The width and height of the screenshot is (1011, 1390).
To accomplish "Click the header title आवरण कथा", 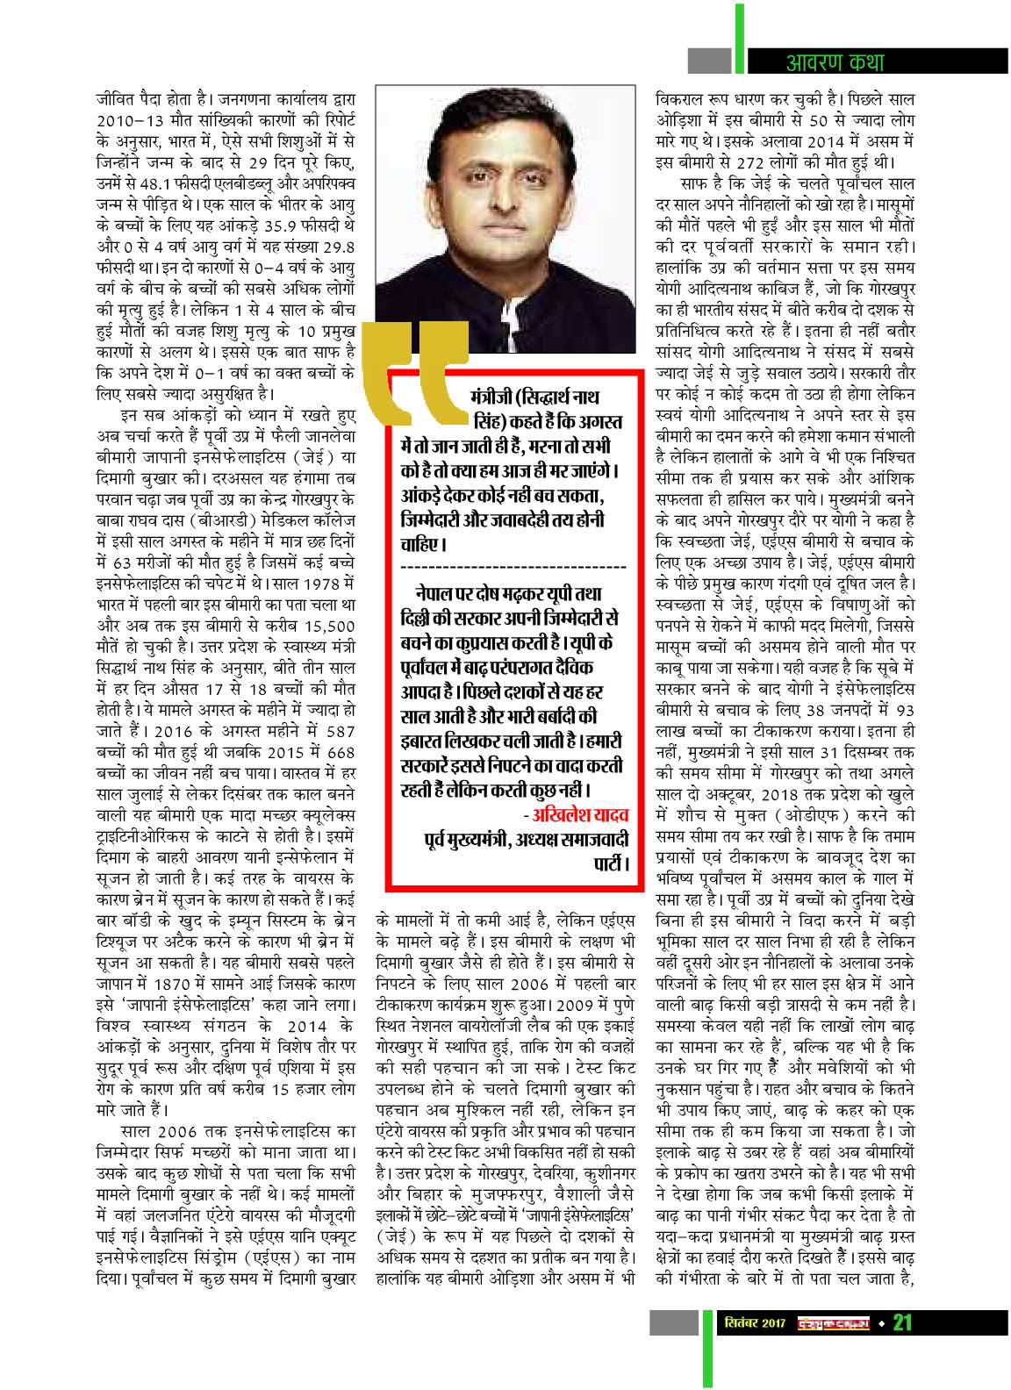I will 834,61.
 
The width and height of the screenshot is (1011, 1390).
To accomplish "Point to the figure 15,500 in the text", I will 329,625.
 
